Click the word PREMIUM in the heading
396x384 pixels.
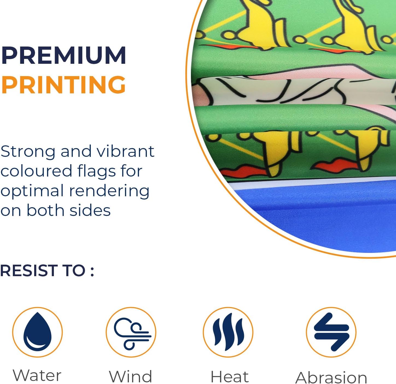pos(63,55)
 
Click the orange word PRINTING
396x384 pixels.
pos(63,85)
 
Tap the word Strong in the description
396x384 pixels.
pos(28,152)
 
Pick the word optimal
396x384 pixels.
pos(32,191)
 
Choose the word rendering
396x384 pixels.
pos(109,191)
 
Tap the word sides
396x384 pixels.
pos(90,210)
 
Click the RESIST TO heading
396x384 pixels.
pos(47,271)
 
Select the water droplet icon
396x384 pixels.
pos(37,332)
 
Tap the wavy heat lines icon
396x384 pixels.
pos(228,332)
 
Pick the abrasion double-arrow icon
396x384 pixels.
pos(331,332)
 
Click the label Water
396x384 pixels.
pos(37,376)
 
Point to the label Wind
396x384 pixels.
pos(131,376)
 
